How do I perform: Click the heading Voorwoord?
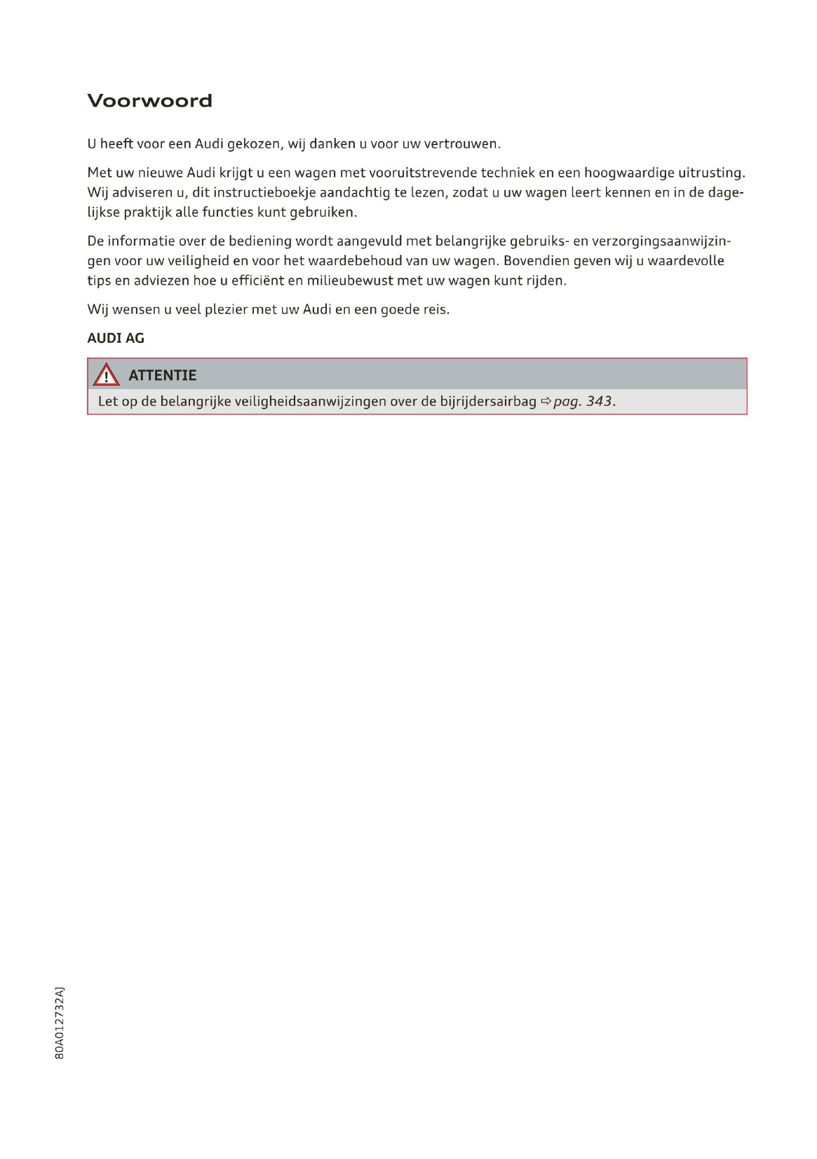coord(149,101)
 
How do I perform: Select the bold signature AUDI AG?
coord(116,338)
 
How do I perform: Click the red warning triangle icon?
coord(106,375)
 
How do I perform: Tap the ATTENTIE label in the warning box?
coord(163,375)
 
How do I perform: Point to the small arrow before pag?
coord(546,402)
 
